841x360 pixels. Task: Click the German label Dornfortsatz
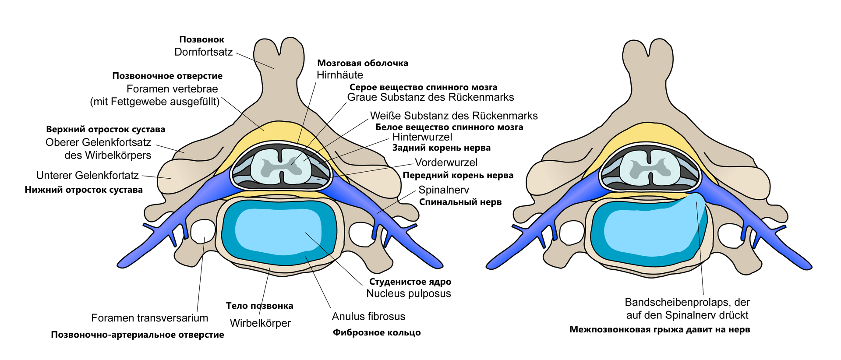click(x=203, y=52)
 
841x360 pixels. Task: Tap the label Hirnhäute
click(x=340, y=75)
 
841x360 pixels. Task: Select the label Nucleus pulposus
click(x=408, y=293)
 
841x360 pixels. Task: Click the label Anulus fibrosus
click(x=368, y=316)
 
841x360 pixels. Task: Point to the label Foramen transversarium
click(x=149, y=318)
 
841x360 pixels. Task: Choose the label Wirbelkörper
click(x=260, y=323)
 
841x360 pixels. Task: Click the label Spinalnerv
click(x=443, y=190)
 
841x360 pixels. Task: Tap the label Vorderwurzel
click(x=446, y=162)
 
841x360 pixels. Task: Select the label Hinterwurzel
click(x=422, y=137)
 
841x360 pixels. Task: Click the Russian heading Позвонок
click(x=202, y=40)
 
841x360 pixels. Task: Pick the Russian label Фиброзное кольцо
click(x=377, y=332)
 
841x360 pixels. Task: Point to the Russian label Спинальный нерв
click(x=460, y=202)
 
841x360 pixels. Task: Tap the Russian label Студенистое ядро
click(x=410, y=282)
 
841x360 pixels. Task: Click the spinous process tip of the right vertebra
click(x=648, y=48)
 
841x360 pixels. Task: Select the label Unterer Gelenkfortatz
click(x=87, y=176)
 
